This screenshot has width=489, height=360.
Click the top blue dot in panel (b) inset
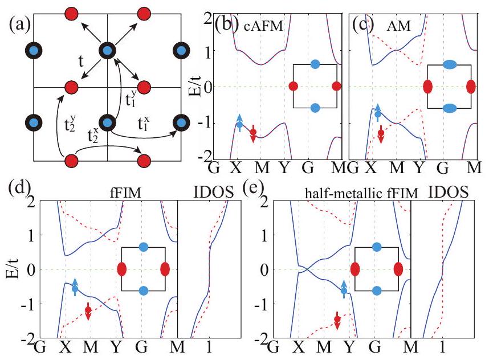(315, 64)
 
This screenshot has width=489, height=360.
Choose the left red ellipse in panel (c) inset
(428, 87)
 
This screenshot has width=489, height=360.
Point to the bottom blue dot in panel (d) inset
(144, 291)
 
